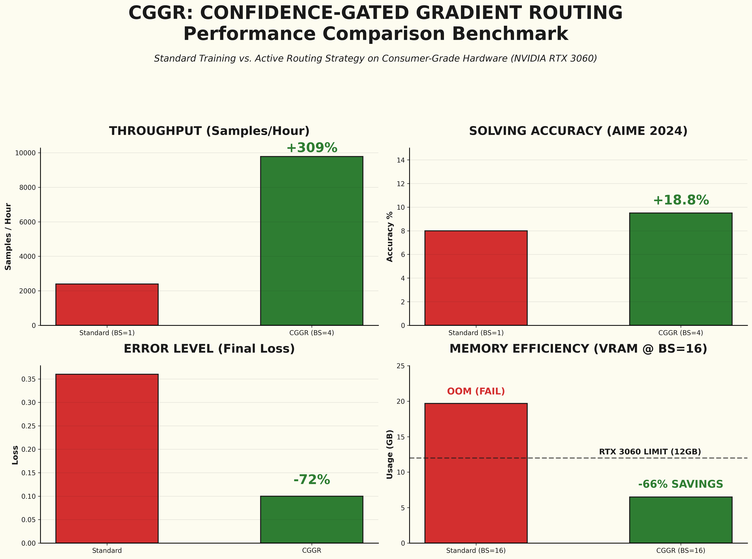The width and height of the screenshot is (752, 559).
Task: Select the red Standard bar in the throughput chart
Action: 107,305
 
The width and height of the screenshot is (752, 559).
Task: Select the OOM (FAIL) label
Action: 476,391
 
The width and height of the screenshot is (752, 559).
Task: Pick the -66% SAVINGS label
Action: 680,484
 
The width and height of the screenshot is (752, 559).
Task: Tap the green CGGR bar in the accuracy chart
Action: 680,269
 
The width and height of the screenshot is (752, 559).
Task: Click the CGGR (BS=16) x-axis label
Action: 680,550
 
